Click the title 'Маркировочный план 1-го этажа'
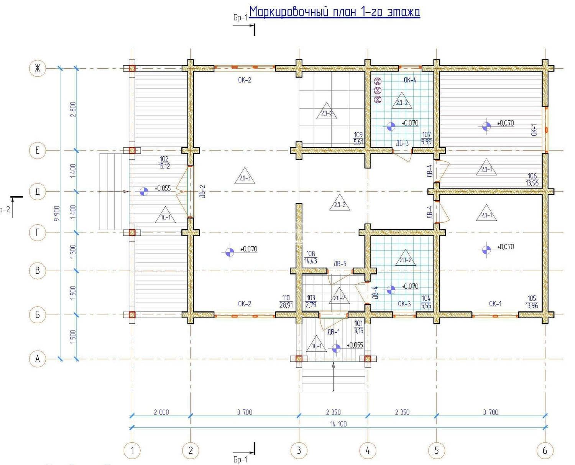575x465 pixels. pos(335,12)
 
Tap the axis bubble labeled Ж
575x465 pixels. pos(38,68)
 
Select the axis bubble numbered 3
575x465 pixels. pos(299,450)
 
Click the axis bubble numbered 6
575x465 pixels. pos(545,450)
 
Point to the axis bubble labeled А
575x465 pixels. pos(38,359)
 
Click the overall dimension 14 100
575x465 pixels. pos(338,424)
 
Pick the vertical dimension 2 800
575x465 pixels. pos(73,109)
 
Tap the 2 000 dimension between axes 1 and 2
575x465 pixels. pos(161,412)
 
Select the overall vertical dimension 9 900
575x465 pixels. pos(57,213)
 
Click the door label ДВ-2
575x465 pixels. pos(203,191)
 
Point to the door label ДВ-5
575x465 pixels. pos(340,263)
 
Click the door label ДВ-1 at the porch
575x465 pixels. pos(333,332)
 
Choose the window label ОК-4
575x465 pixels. pos(410,80)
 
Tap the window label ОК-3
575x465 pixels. pos(404,304)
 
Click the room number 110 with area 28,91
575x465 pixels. pos(286,301)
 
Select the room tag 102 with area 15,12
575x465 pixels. pos(164,162)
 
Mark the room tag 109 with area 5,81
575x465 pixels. pos(358,138)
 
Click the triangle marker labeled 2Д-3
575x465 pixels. pos(245,176)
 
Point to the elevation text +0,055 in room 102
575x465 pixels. pos(163,188)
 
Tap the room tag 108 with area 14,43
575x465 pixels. pos(310,257)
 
